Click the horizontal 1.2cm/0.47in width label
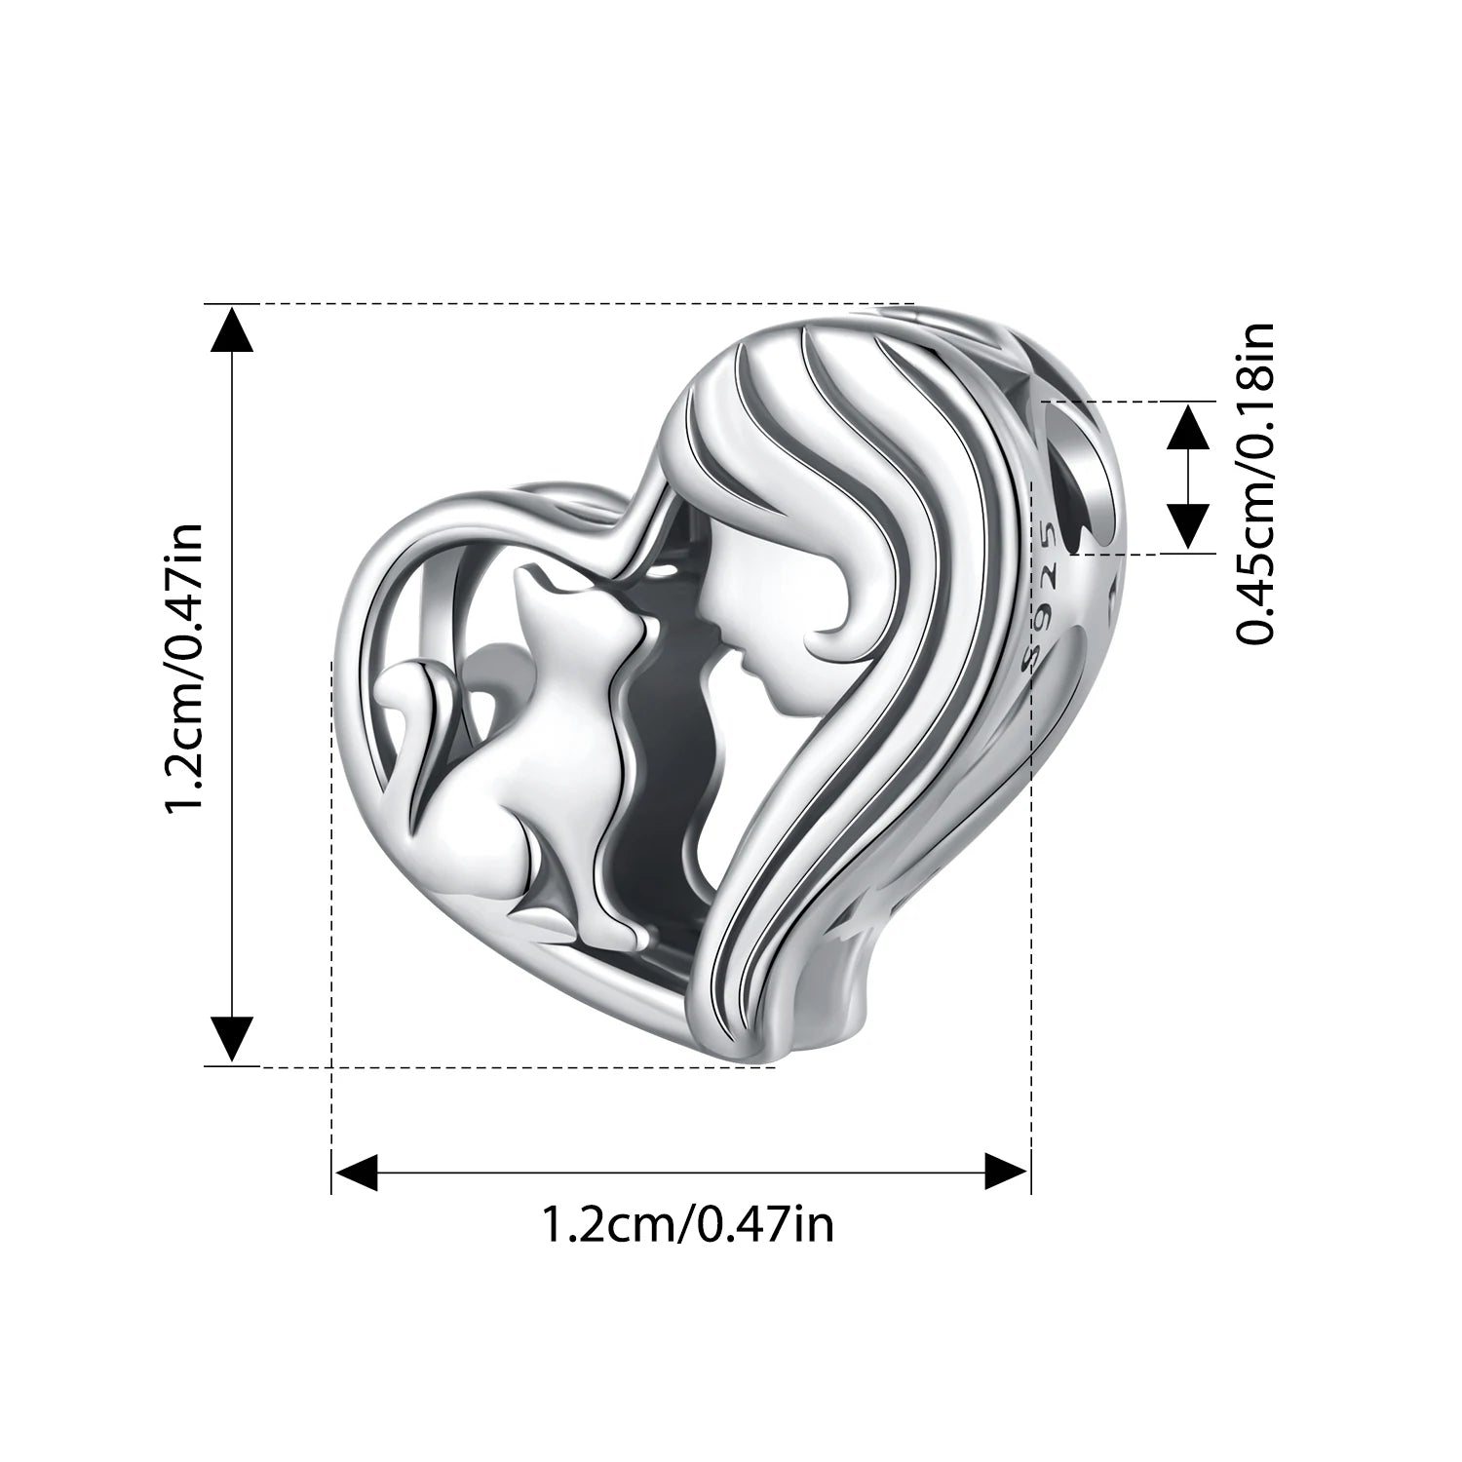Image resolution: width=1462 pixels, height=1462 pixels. pos(687,1224)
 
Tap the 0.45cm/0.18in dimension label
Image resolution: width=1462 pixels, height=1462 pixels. pos(1255,483)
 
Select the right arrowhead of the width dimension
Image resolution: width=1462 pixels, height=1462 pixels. pos(1006,1171)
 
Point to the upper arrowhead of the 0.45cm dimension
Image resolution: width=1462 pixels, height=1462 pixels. pos(1188,426)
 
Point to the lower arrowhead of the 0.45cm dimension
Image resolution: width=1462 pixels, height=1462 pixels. pos(1188,527)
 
